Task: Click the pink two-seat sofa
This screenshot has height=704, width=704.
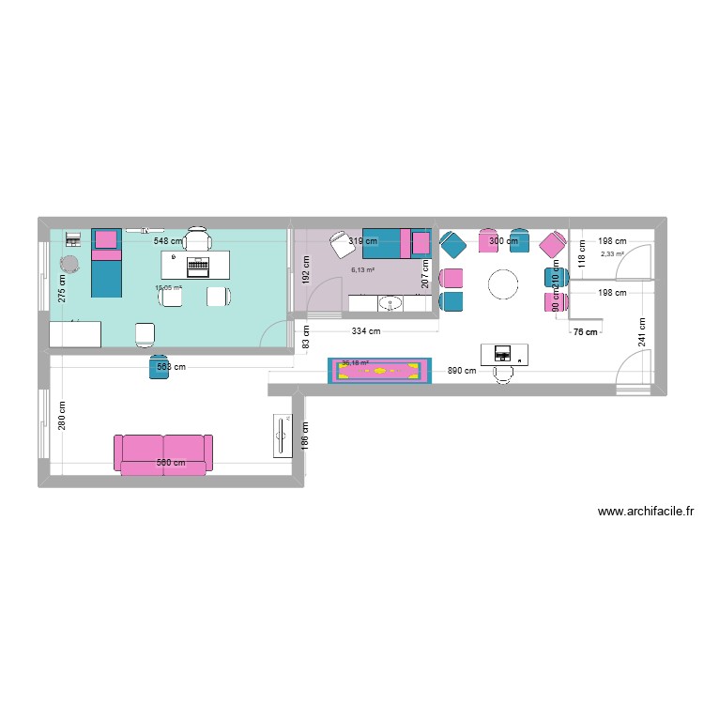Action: (162, 453)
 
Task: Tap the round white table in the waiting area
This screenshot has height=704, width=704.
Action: (503, 283)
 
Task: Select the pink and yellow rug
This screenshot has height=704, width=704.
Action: (379, 371)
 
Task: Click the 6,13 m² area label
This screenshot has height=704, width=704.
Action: (362, 270)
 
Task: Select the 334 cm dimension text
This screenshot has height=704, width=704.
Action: (366, 330)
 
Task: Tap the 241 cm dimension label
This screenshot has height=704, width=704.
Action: (643, 333)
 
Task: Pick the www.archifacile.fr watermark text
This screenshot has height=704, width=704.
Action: (644, 512)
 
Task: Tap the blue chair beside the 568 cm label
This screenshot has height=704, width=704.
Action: (157, 368)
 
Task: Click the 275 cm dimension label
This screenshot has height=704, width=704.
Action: (63, 285)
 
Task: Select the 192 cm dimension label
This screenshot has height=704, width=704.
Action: (304, 271)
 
